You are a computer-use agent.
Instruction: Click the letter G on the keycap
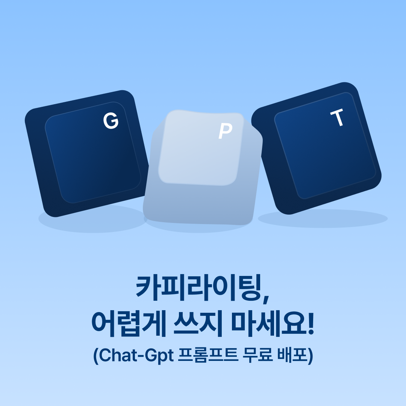[111, 121]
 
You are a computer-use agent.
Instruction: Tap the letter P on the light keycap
[225, 131]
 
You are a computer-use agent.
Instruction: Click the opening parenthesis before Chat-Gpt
[96, 356]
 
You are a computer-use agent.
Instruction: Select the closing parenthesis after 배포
[311, 356]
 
